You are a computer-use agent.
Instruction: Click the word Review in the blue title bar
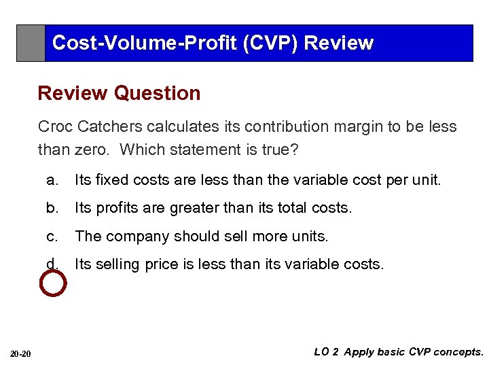point(339,43)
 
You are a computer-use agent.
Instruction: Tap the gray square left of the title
point(31,43)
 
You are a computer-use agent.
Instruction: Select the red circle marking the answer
point(54,283)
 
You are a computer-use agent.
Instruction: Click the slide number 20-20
point(21,353)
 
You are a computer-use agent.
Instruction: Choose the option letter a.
point(51,180)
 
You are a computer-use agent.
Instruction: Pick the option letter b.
point(51,208)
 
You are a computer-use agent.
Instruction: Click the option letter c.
point(51,236)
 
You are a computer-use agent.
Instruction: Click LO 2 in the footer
point(326,352)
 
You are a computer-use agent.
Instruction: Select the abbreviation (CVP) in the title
point(278,43)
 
